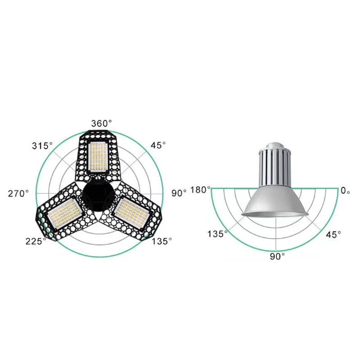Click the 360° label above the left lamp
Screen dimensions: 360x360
coord(102,123)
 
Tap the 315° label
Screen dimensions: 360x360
coord(42,146)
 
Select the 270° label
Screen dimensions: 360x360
coord(18,193)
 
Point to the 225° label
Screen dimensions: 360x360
coord(36,241)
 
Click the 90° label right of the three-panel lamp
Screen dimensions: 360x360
coord(179,193)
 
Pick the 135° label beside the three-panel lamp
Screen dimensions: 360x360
coord(161,241)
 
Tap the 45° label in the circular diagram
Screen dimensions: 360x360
coord(158,146)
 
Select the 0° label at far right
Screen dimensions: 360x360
coord(345,190)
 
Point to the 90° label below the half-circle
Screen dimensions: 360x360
coord(277,256)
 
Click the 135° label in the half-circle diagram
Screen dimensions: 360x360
coord(217,234)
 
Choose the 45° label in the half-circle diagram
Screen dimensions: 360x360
coord(333,234)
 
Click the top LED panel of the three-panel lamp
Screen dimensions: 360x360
coord(98,157)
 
